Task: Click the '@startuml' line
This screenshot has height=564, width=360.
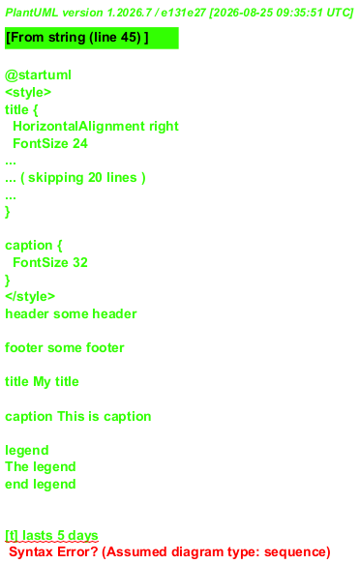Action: (38, 75)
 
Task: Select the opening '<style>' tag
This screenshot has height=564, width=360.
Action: (28, 93)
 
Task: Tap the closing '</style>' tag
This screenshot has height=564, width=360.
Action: (30, 296)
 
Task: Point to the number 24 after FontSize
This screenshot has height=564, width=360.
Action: (80, 143)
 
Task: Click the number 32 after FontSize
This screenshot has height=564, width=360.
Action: (80, 262)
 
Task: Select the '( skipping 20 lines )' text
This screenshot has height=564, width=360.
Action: (83, 178)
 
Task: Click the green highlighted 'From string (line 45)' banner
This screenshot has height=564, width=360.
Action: (92, 38)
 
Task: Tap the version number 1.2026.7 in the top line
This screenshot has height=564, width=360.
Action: (129, 13)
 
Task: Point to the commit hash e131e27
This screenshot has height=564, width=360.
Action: (183, 13)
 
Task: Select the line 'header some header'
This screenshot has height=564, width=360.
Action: (71, 314)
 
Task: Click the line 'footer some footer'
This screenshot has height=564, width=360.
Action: (65, 348)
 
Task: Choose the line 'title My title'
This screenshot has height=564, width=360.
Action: (42, 381)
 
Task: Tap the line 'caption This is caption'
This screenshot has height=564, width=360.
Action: (78, 417)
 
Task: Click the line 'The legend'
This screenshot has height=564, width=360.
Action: (41, 467)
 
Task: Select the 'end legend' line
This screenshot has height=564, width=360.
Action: (41, 484)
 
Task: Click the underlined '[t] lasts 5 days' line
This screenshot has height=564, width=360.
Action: (51, 536)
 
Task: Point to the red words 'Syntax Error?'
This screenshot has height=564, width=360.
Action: (53, 552)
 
